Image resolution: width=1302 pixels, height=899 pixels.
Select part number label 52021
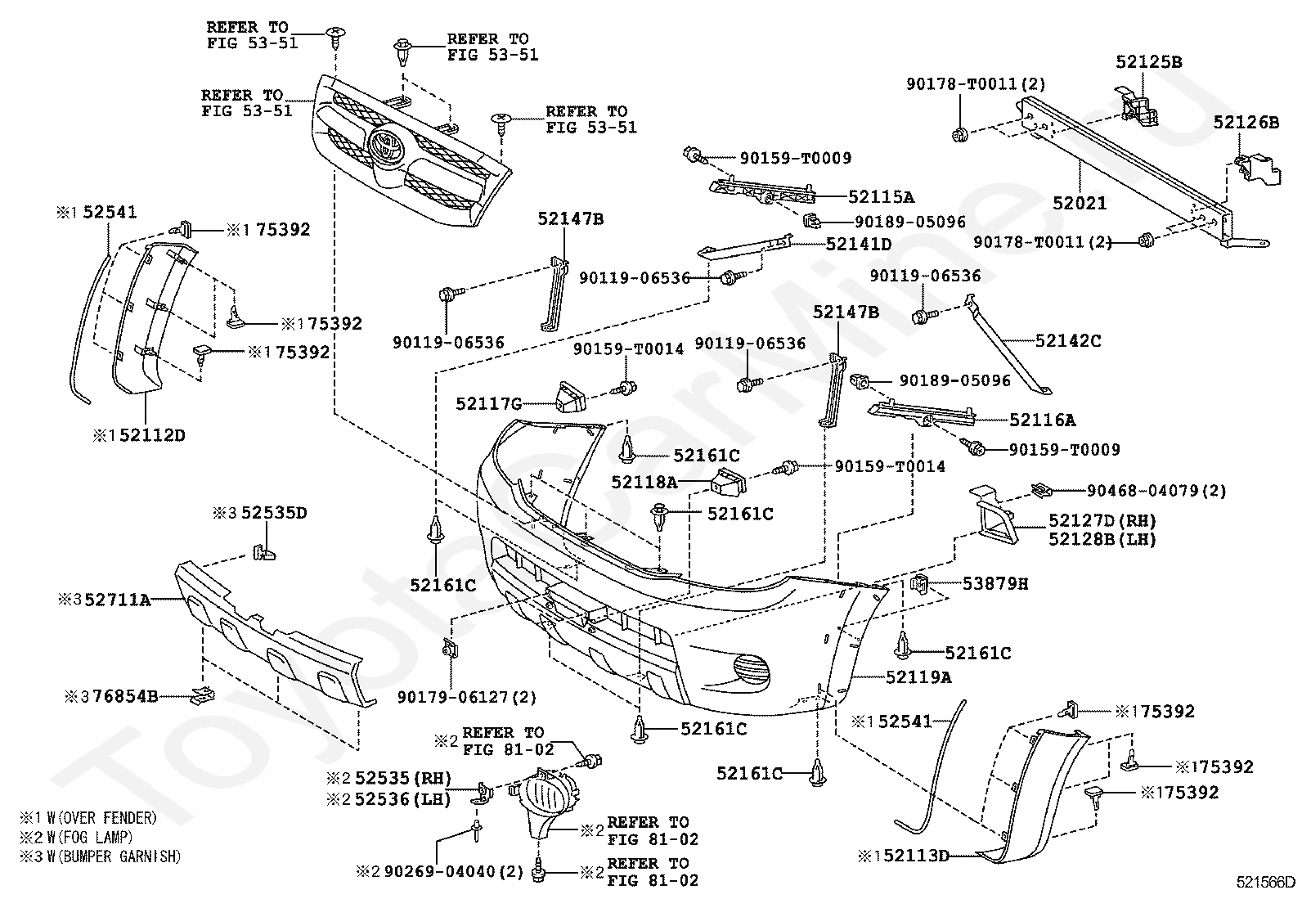click(1080, 203)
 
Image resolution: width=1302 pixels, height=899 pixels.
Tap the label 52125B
click(1148, 61)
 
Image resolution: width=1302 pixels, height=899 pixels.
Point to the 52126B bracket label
click(1246, 122)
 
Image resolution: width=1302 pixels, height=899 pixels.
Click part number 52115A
click(881, 197)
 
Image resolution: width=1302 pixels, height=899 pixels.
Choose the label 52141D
click(859, 244)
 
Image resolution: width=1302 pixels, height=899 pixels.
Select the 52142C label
click(1068, 341)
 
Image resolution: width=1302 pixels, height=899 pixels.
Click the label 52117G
click(489, 403)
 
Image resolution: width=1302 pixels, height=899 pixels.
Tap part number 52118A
click(644, 482)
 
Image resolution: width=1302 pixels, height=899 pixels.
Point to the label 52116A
click(1043, 420)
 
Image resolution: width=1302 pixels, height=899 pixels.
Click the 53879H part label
click(995, 583)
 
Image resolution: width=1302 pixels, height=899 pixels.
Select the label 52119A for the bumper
click(919, 676)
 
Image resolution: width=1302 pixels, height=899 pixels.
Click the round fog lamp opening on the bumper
click(751, 671)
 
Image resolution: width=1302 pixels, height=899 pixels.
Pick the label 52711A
click(118, 600)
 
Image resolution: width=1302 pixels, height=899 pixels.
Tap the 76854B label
click(126, 696)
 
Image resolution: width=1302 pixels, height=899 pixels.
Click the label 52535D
click(274, 513)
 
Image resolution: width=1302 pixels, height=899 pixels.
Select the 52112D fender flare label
click(152, 435)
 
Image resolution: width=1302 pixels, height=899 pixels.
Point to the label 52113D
click(915, 856)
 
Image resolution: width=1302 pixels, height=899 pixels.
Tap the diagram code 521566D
click(1265, 882)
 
